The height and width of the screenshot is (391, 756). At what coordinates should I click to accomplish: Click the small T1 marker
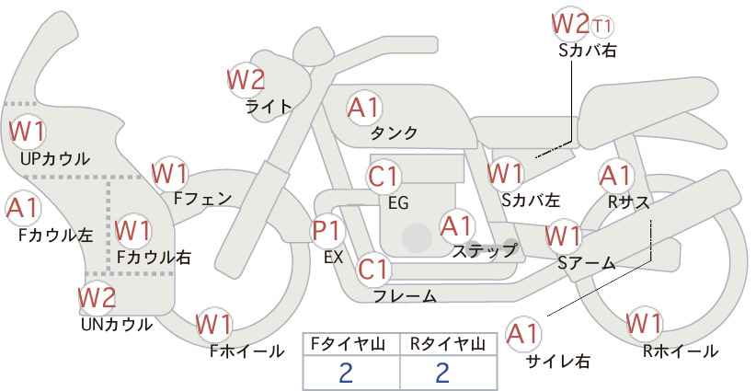[x=602, y=26]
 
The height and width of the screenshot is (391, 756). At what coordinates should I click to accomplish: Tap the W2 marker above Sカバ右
[x=570, y=24]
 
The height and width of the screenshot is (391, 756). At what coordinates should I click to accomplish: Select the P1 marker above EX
[x=327, y=231]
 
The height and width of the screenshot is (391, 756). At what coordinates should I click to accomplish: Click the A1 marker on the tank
[x=364, y=108]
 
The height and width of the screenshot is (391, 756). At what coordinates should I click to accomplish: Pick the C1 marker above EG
[x=384, y=176]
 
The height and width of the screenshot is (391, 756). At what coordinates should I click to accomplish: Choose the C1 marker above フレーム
[x=373, y=269]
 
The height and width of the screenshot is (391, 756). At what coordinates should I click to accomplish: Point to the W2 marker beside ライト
[x=246, y=79]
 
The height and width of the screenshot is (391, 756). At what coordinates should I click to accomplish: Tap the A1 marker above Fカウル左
[x=23, y=208]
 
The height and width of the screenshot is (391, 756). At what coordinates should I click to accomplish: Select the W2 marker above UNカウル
[x=97, y=297]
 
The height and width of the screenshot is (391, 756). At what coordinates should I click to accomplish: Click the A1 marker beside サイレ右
[x=523, y=334]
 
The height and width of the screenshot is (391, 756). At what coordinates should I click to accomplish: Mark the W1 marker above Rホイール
[x=644, y=324]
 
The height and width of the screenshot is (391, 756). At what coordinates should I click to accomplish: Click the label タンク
[x=394, y=133]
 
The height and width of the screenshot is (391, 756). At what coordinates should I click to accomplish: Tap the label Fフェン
[x=202, y=199]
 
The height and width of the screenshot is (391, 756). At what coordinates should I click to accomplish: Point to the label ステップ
[x=484, y=251]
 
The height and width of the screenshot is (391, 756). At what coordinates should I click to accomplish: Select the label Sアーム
[x=587, y=263]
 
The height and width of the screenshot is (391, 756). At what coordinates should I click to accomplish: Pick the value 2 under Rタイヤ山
[x=442, y=374]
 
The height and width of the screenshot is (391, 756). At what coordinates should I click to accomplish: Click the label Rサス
[x=628, y=202]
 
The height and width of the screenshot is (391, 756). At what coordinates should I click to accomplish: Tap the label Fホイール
[x=246, y=351]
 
